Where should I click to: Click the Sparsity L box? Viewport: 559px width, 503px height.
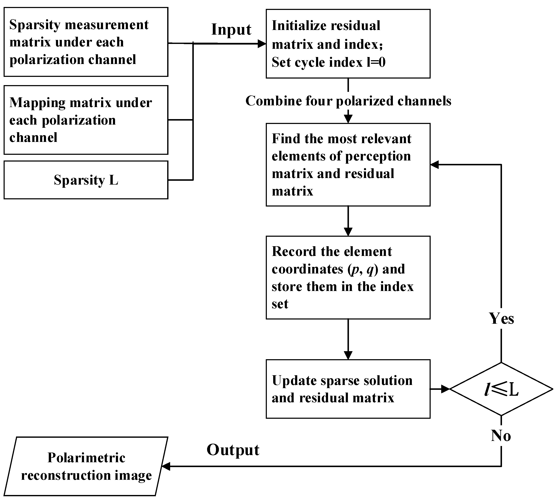click(x=86, y=180)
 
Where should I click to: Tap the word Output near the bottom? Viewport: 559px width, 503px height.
click(x=233, y=450)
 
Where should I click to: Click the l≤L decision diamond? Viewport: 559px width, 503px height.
click(x=501, y=389)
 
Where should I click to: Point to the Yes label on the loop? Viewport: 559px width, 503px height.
click(x=501, y=318)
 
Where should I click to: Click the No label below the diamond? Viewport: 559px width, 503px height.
click(x=501, y=436)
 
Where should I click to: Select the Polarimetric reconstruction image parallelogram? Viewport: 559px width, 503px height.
click(x=86, y=466)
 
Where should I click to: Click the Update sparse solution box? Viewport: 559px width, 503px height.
click(x=348, y=389)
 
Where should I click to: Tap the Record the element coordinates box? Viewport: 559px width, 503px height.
click(x=348, y=277)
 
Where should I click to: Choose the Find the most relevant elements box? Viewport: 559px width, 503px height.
click(x=348, y=165)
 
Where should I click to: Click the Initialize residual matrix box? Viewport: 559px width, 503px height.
click(x=348, y=44)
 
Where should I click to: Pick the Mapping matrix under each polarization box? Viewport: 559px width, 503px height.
click(x=86, y=120)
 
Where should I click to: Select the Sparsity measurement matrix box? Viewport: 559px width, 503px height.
click(x=86, y=42)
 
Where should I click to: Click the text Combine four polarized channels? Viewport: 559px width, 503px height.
click(x=348, y=101)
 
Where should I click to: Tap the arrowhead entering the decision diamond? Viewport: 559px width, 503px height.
click(x=445, y=389)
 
